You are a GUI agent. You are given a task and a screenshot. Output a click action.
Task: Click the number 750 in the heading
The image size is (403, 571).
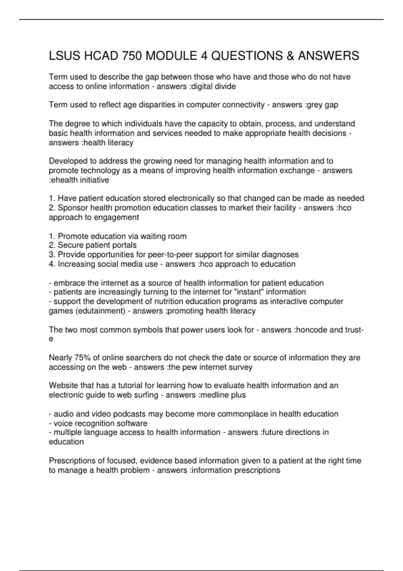(x=132, y=56)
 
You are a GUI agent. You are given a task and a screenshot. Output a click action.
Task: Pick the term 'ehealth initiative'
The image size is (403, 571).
(x=81, y=180)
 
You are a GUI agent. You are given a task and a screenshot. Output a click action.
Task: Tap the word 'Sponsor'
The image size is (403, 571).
(x=73, y=208)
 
